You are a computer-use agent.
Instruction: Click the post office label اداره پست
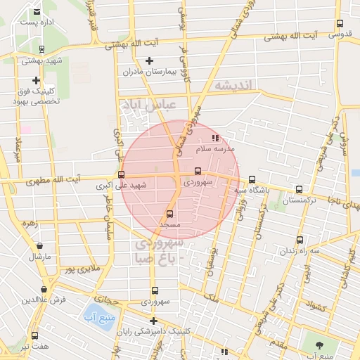pyautogui.click(x=39, y=22)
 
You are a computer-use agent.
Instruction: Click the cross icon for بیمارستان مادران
pyautogui.click(x=149, y=61)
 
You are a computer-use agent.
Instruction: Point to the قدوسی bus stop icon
pyautogui.click(x=340, y=22)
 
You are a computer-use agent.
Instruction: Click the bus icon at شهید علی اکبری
pyautogui.click(x=122, y=174)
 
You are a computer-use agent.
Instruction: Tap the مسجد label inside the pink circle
pyautogui.click(x=170, y=224)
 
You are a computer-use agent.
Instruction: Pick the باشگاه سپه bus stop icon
pyautogui.click(x=252, y=179)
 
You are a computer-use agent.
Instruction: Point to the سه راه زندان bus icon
pyautogui.click(x=300, y=240)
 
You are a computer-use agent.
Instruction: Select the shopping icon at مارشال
pyautogui.click(x=39, y=247)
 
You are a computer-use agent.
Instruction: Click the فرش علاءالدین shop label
pyautogui.click(x=44, y=300)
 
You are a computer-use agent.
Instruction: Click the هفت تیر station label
pyautogui.click(x=34, y=347)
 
